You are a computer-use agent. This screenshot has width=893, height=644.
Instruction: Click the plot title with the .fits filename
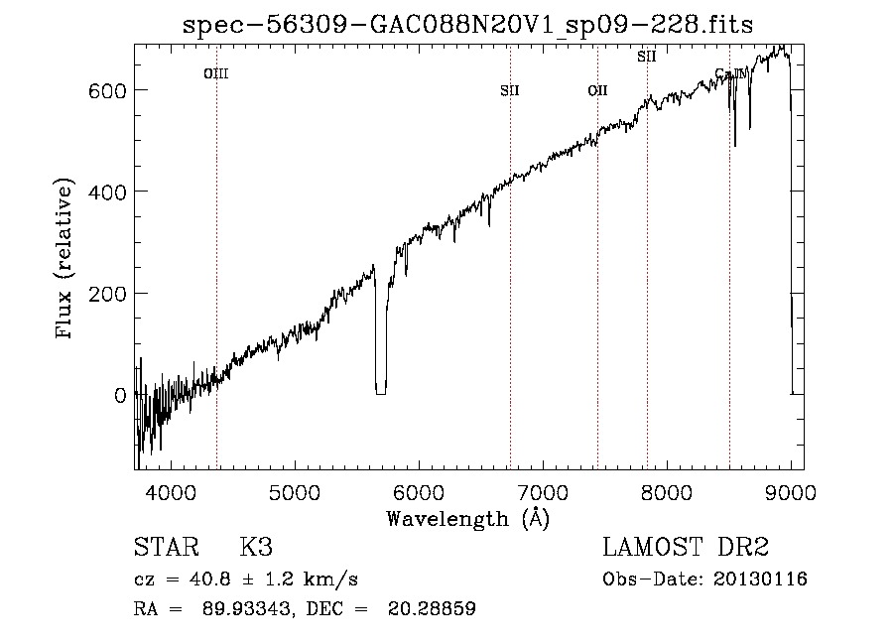click(x=469, y=25)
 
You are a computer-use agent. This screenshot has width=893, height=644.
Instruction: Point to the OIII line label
click(x=215, y=73)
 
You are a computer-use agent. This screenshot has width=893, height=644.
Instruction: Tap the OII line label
click(x=597, y=91)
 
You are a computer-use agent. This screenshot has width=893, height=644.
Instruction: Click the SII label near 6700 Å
click(x=510, y=91)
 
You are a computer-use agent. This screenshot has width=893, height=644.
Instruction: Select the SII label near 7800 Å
click(x=647, y=58)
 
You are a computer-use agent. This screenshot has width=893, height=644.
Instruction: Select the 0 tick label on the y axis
click(x=120, y=395)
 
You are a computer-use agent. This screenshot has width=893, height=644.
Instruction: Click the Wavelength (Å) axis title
click(x=467, y=518)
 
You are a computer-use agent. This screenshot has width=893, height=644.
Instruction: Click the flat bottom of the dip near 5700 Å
click(x=380, y=392)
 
